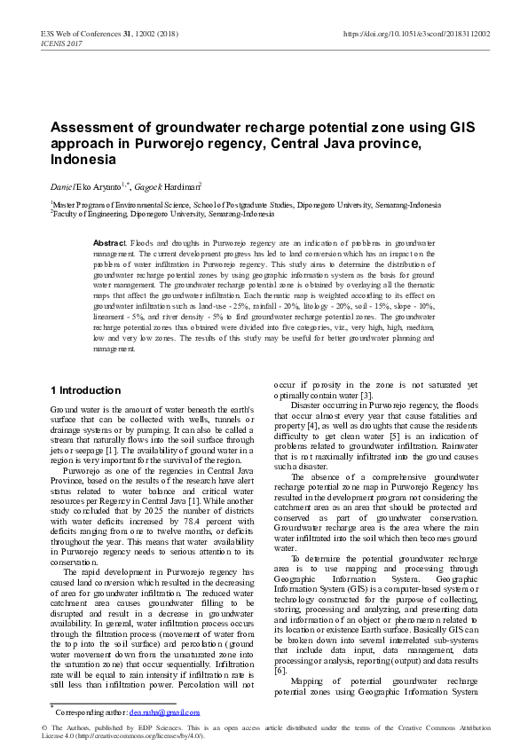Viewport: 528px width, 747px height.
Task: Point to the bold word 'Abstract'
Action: [x=110, y=242]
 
